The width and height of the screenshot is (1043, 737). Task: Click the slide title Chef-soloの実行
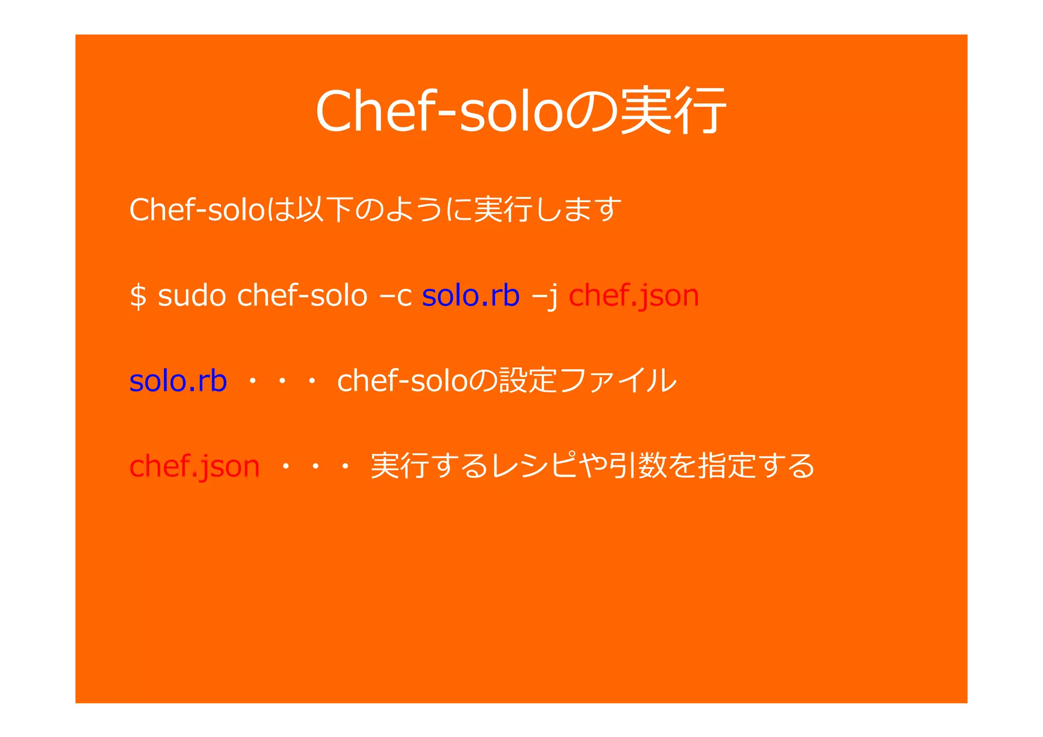520,110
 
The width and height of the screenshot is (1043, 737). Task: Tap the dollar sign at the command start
138,296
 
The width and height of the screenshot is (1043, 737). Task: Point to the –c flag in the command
396,296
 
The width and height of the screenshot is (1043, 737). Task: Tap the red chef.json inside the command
634,296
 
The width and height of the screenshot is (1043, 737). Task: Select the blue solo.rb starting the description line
178,381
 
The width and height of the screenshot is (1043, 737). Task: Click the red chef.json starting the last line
195,466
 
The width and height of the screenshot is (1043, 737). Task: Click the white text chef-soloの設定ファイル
507,381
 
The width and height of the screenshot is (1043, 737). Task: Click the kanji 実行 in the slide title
673,110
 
